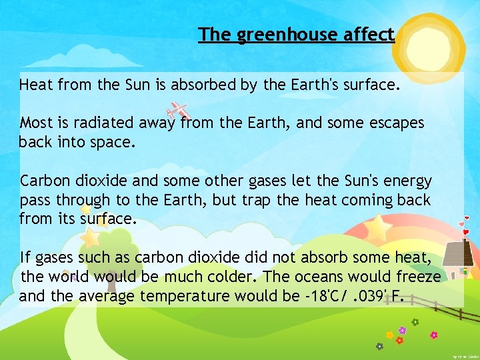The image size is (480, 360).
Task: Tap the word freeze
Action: [x=415, y=277]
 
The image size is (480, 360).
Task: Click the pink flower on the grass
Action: [x=434, y=335]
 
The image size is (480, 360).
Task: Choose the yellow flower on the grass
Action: [x=389, y=335]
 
